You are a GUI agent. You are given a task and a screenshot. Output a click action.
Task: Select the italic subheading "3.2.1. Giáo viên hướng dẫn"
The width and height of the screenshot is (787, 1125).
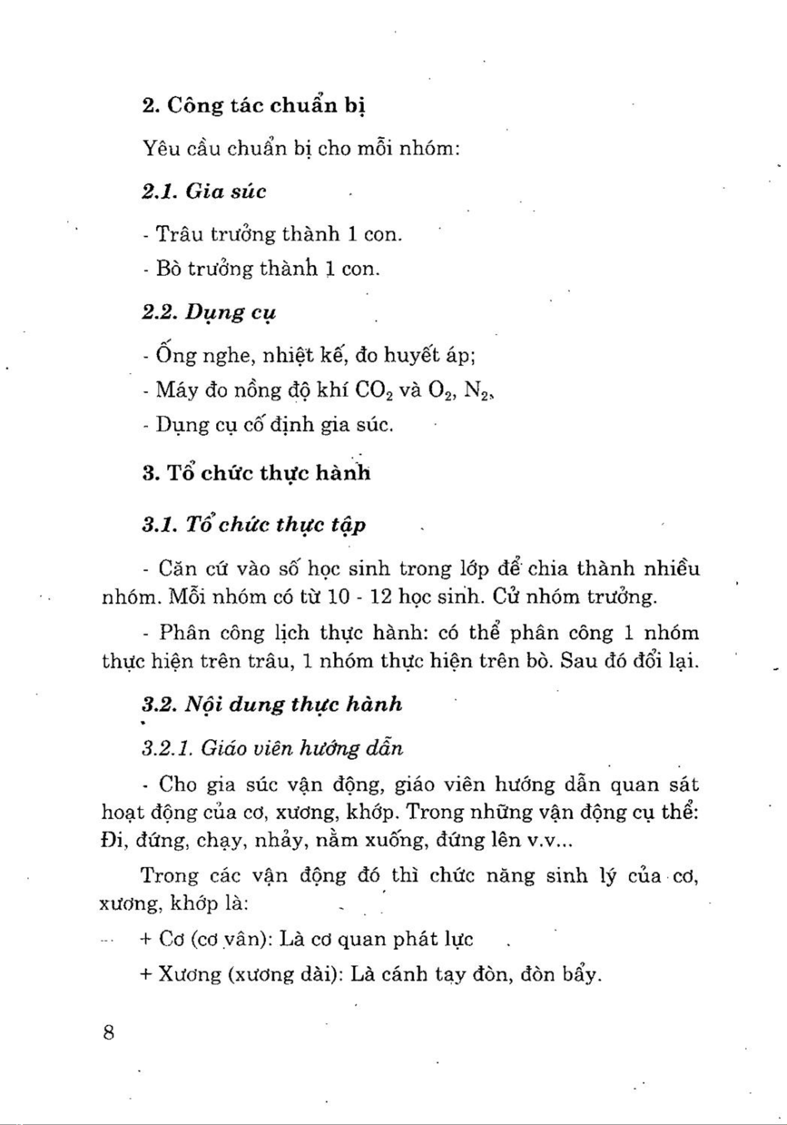272,748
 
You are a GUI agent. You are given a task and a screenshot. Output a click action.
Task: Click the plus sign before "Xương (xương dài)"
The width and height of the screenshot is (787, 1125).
145,974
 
